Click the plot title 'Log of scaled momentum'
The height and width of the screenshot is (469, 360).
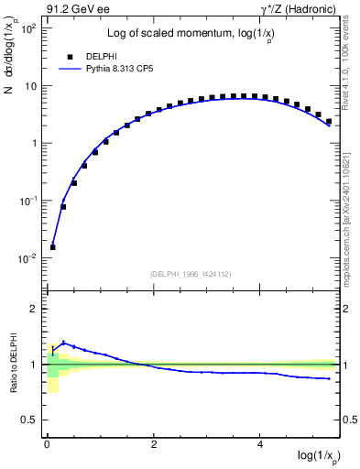click(x=191, y=34)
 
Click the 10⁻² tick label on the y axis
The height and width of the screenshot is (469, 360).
click(x=28, y=258)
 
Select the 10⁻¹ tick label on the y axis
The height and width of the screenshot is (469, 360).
click(x=28, y=201)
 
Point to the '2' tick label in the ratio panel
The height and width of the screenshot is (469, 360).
click(x=34, y=309)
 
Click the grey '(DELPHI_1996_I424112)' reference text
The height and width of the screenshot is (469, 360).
click(x=191, y=274)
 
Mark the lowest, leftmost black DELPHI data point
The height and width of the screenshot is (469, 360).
click(x=53, y=246)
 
